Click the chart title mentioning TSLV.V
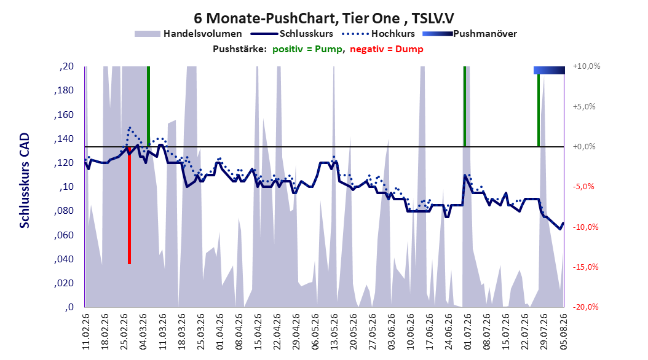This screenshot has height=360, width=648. pos(324,18)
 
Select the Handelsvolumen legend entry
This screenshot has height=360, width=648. pos(189,34)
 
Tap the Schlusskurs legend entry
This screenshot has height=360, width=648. pos(292,34)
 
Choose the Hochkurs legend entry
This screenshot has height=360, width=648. pos(378,34)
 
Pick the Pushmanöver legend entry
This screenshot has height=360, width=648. pos(470,34)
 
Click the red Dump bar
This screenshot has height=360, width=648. pos(129,205)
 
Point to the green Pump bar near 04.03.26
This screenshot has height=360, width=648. pos(148,106)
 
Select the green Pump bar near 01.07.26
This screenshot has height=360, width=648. pos(465,106)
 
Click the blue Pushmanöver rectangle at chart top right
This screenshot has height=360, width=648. pos(549,70)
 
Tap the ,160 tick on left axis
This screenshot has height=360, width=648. pos(64,114)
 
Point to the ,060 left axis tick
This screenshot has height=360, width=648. pos(64,235)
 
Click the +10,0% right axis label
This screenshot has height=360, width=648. pos(587,66)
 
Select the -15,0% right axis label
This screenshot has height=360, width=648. pos(586,267)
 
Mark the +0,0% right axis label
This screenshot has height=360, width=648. pos(584,147)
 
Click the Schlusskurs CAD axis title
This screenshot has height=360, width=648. pos(25,181)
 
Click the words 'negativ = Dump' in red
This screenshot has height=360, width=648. pos(387,49)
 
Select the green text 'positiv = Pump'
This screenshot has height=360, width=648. pos(307,49)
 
